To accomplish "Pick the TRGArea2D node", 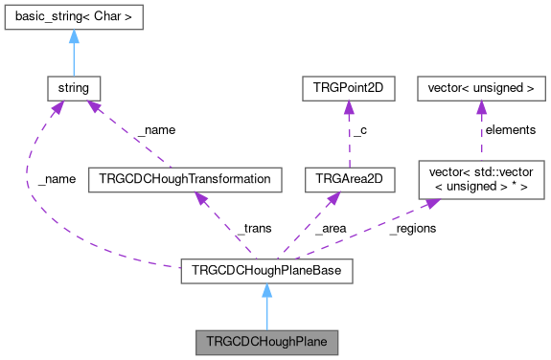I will click(331, 178).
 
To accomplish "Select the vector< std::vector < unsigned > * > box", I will click(481, 178).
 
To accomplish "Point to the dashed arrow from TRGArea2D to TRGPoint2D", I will click(331, 134).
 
